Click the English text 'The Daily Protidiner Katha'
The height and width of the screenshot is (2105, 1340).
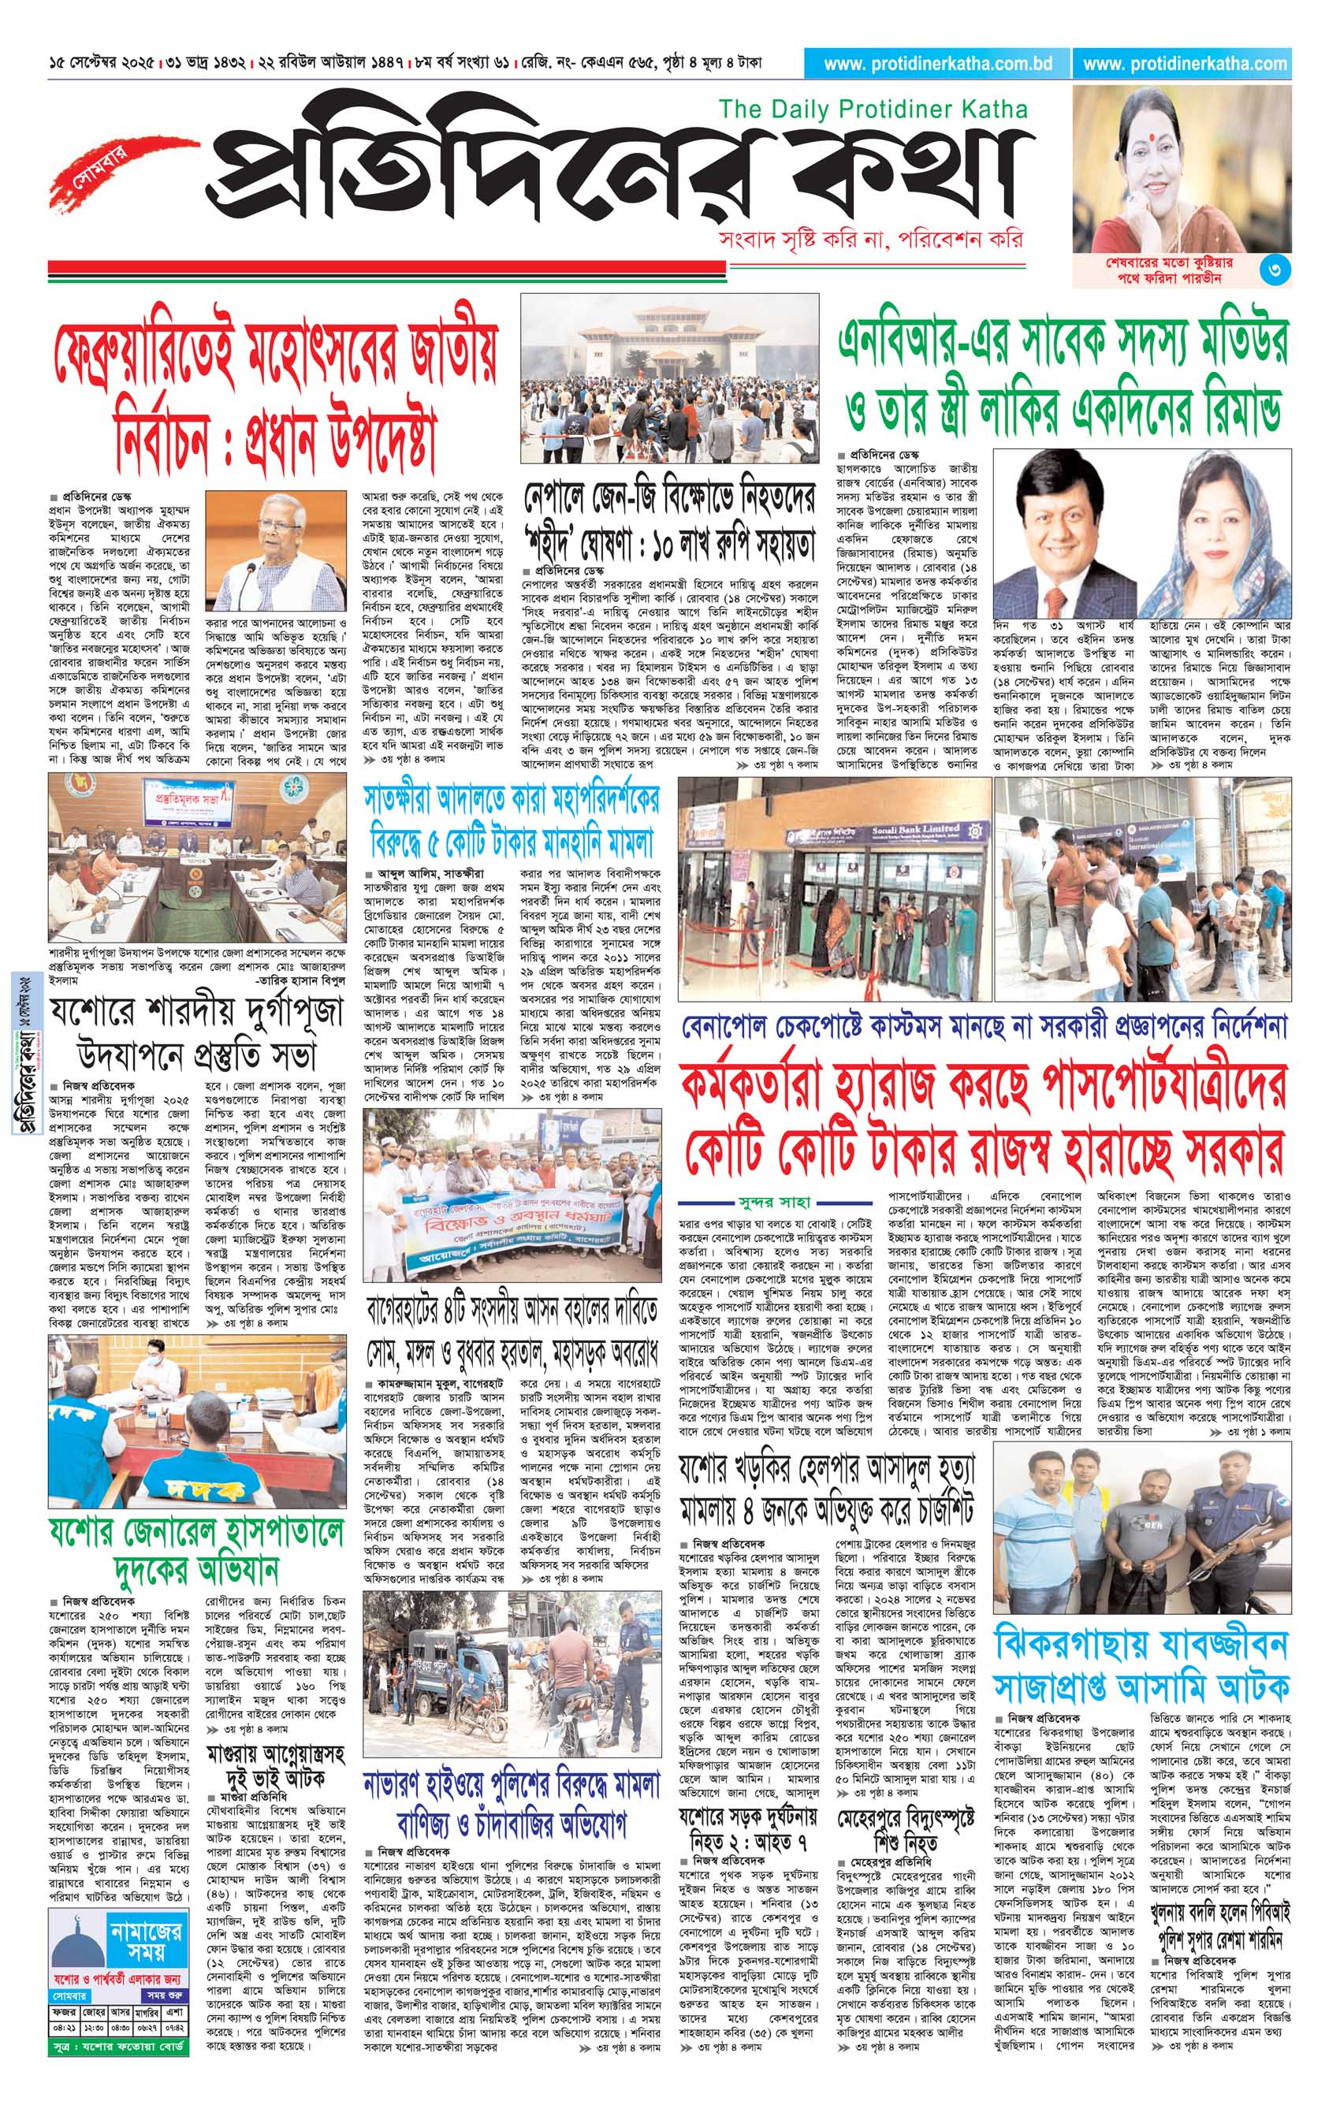873,110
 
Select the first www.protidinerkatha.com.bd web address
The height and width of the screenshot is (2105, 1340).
937,64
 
